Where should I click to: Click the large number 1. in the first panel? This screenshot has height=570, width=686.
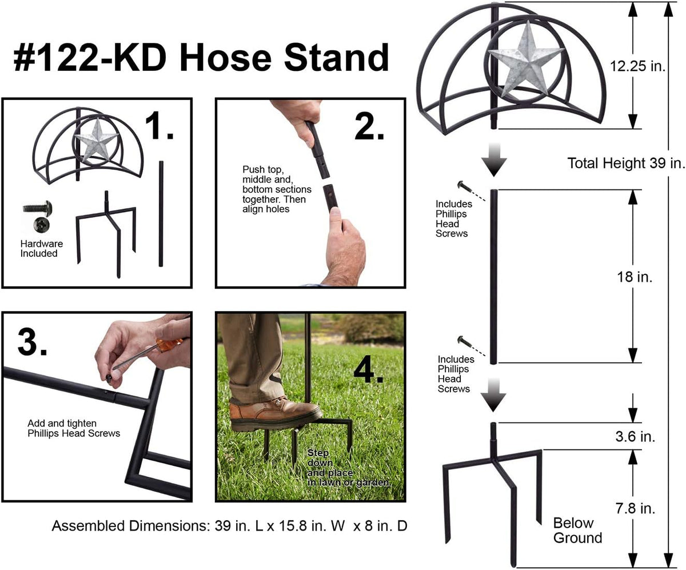pyautogui.click(x=159, y=126)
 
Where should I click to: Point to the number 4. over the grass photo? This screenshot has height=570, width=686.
pyautogui.click(x=369, y=369)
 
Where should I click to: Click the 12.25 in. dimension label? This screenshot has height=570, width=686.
pyautogui.click(x=637, y=66)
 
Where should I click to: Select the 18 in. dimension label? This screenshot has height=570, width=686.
pyautogui.click(x=635, y=277)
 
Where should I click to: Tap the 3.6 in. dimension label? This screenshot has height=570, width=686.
pyautogui.click(x=635, y=436)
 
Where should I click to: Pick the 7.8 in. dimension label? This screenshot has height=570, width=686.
pyautogui.click(x=635, y=508)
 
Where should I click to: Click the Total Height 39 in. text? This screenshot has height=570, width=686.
pyautogui.click(x=626, y=163)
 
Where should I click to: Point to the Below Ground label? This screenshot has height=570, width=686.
pyautogui.click(x=577, y=530)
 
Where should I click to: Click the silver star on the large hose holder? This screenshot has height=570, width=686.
pyautogui.click(x=527, y=59)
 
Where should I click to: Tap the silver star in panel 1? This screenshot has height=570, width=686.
pyautogui.click(x=96, y=139)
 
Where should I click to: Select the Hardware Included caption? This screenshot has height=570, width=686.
pyautogui.click(x=41, y=248)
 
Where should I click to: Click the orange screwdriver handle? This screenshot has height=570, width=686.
pyautogui.click(x=169, y=345)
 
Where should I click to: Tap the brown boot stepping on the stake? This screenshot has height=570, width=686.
pyautogui.click(x=275, y=413)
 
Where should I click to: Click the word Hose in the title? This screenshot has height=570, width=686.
pyautogui.click(x=225, y=58)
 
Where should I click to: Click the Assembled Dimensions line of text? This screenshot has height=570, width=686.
pyautogui.click(x=229, y=525)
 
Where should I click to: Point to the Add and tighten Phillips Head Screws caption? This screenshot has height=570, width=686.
pyautogui.click(x=74, y=428)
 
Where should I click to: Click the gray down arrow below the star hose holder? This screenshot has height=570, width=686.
pyautogui.click(x=494, y=160)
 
